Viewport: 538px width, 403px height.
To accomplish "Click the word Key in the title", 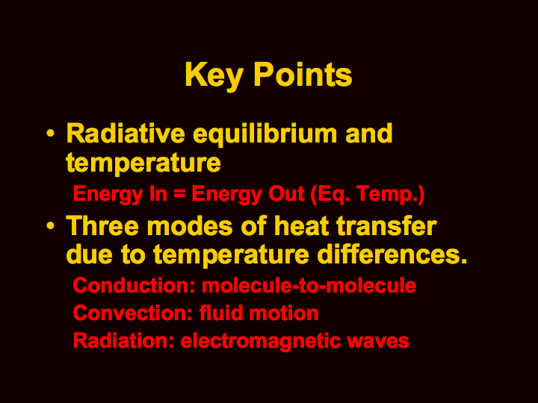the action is tap(214, 76).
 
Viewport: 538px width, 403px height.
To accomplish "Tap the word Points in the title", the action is tap(303, 75).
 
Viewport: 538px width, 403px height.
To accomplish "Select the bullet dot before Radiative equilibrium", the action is tap(50, 134).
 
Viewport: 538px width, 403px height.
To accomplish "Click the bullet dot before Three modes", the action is tap(50, 226).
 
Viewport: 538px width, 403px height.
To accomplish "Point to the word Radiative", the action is tap(126, 133).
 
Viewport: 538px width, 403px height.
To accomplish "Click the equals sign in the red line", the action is tap(179, 194).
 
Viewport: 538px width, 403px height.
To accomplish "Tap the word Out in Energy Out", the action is tap(286, 193).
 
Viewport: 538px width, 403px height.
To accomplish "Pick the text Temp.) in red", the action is tap(391, 195).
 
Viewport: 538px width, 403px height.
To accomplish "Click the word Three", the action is tap(102, 226).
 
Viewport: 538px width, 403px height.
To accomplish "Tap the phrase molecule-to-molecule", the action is tap(309, 285).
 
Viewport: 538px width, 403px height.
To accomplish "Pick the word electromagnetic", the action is tap(261, 341).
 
